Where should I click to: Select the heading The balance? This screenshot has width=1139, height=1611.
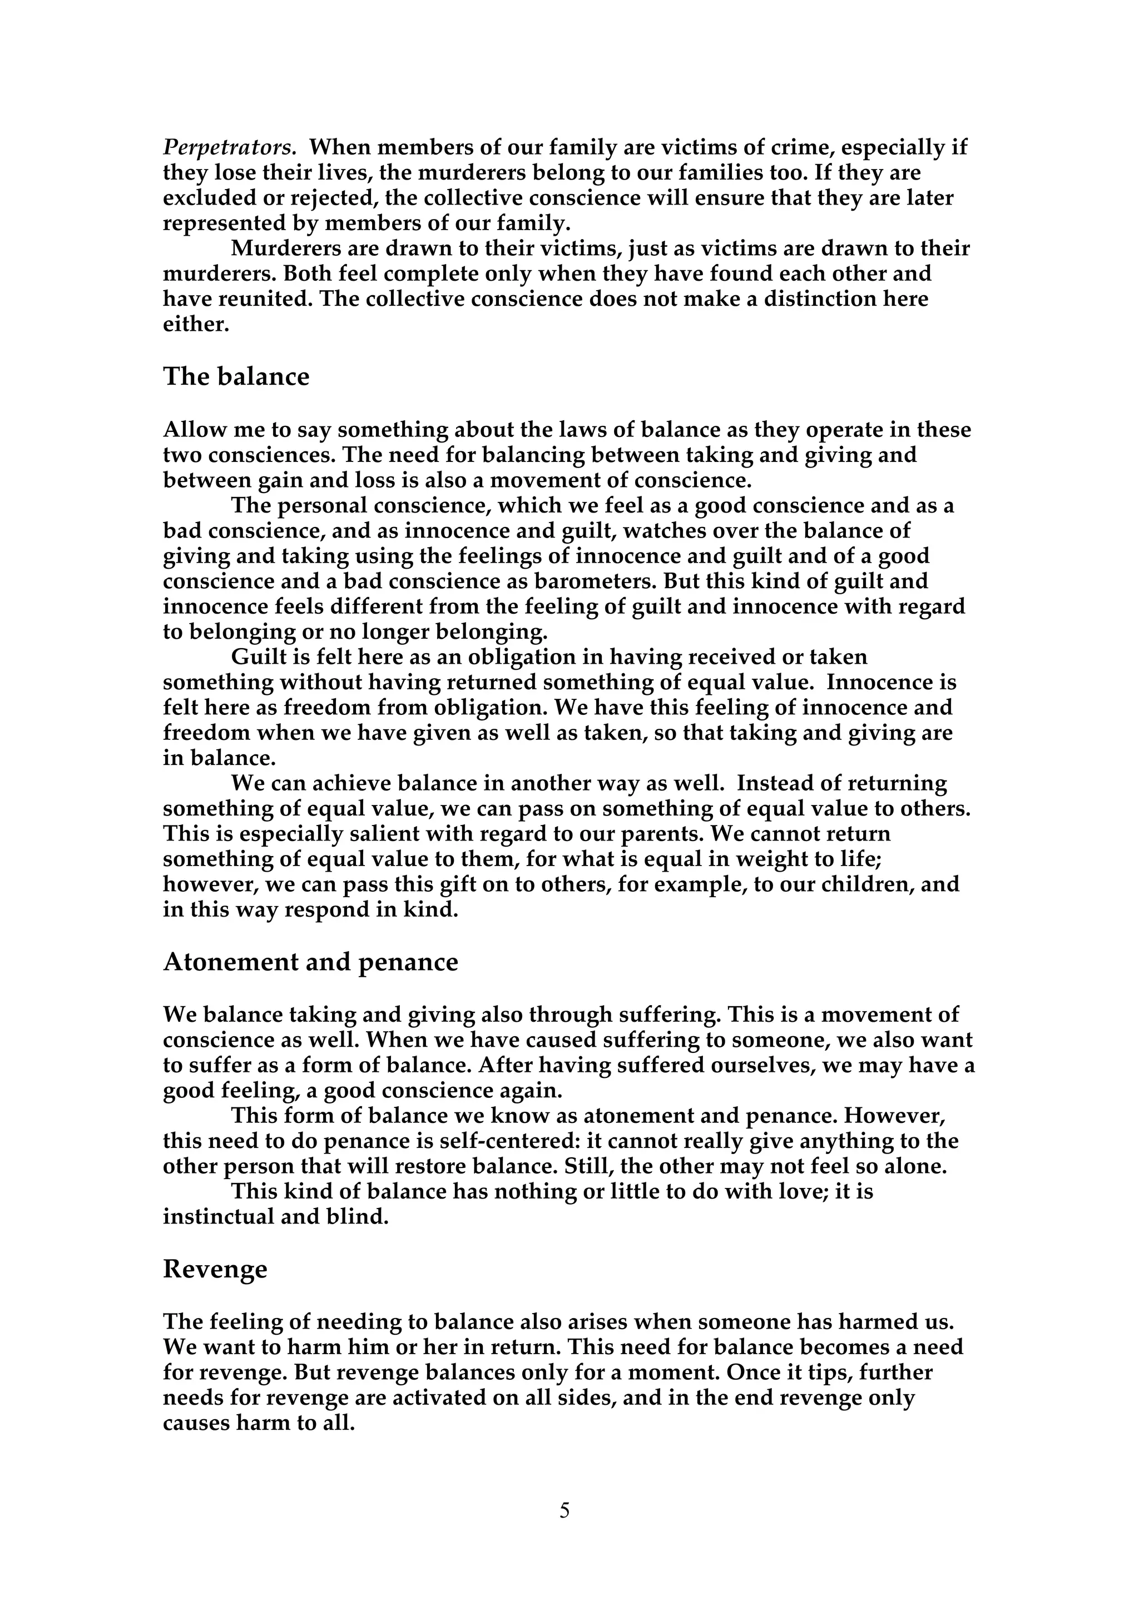236,377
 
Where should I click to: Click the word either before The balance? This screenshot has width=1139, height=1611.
196,325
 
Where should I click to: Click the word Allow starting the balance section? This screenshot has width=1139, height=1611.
194,430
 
